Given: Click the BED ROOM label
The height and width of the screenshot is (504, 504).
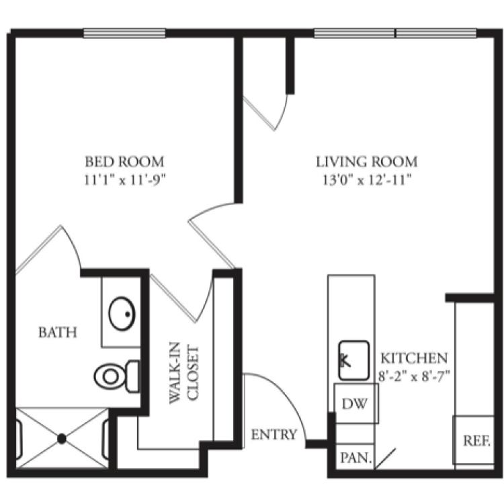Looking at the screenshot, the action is (x=124, y=162).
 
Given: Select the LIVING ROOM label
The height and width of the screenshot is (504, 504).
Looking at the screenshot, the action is (x=367, y=162).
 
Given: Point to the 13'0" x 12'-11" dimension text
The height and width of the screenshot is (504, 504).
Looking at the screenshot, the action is (x=367, y=180).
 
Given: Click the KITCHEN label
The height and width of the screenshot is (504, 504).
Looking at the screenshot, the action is (x=414, y=358).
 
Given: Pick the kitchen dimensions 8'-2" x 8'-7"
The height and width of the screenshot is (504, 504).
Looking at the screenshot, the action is (x=414, y=376).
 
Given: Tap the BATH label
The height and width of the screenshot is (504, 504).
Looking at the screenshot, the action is (x=58, y=333).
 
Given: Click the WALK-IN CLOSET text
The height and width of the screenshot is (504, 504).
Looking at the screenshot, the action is (x=184, y=373).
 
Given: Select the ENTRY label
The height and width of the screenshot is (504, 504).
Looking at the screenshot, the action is (x=274, y=435).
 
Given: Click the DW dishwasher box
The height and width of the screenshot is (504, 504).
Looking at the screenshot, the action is (x=356, y=403).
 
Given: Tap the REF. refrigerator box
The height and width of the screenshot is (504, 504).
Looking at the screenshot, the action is (x=474, y=440).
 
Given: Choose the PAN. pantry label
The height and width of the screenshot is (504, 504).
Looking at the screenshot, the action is (x=355, y=458).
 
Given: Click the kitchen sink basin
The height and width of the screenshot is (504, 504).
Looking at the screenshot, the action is (x=354, y=360).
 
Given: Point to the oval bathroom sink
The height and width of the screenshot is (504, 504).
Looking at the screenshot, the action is (x=122, y=314).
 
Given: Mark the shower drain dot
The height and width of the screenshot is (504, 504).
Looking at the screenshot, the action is (x=62, y=439).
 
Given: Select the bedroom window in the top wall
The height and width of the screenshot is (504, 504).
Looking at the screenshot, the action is (x=125, y=33).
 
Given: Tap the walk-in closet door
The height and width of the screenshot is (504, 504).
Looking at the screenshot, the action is (x=173, y=298).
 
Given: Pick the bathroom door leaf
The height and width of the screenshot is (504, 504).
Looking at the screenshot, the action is (x=38, y=250).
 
